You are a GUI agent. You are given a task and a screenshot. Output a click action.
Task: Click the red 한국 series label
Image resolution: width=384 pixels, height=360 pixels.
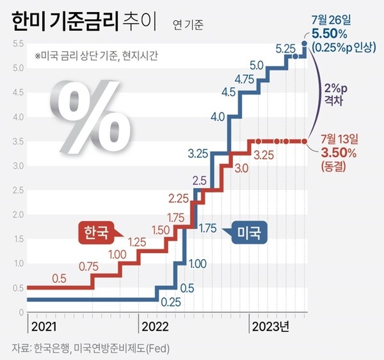coord(94,230)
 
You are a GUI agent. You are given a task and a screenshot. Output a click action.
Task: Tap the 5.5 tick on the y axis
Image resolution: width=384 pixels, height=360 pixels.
coord(18,43)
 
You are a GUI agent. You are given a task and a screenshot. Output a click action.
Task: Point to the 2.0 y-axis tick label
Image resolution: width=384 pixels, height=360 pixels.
coord(18,215)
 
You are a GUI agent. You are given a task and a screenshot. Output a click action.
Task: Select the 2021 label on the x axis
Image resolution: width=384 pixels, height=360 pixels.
coord(44,327)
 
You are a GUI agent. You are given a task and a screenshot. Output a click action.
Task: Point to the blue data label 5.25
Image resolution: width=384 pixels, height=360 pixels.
coord(284,48)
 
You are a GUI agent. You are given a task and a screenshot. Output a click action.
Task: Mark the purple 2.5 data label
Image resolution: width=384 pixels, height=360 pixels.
coord(199,180)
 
